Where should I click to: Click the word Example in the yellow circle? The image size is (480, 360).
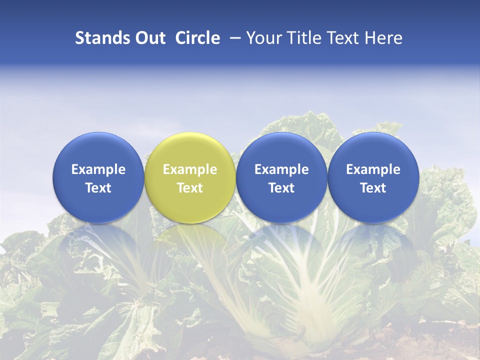point(190,169)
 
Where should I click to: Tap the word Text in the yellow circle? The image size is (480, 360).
point(190,188)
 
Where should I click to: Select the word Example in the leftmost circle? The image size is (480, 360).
point(98,169)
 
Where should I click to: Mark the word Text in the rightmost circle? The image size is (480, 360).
point(373,188)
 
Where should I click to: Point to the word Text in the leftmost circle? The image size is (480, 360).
point(98,188)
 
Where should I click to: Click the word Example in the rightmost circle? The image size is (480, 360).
point(373,169)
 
